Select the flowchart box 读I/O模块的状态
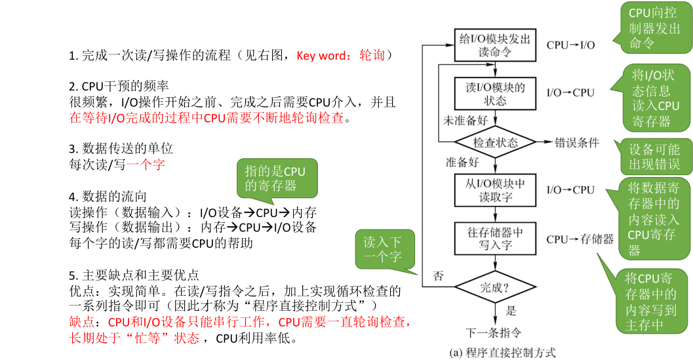[496, 93]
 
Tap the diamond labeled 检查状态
[496, 142]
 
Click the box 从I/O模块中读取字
[496, 190]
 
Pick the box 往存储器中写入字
[496, 239]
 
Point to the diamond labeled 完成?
[496, 287]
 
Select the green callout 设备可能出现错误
[654, 156]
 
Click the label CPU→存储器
[580, 239]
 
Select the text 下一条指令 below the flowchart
[494, 331]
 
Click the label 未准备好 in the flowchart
[466, 121]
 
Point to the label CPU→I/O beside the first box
[570, 45]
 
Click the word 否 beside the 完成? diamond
[438, 276]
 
